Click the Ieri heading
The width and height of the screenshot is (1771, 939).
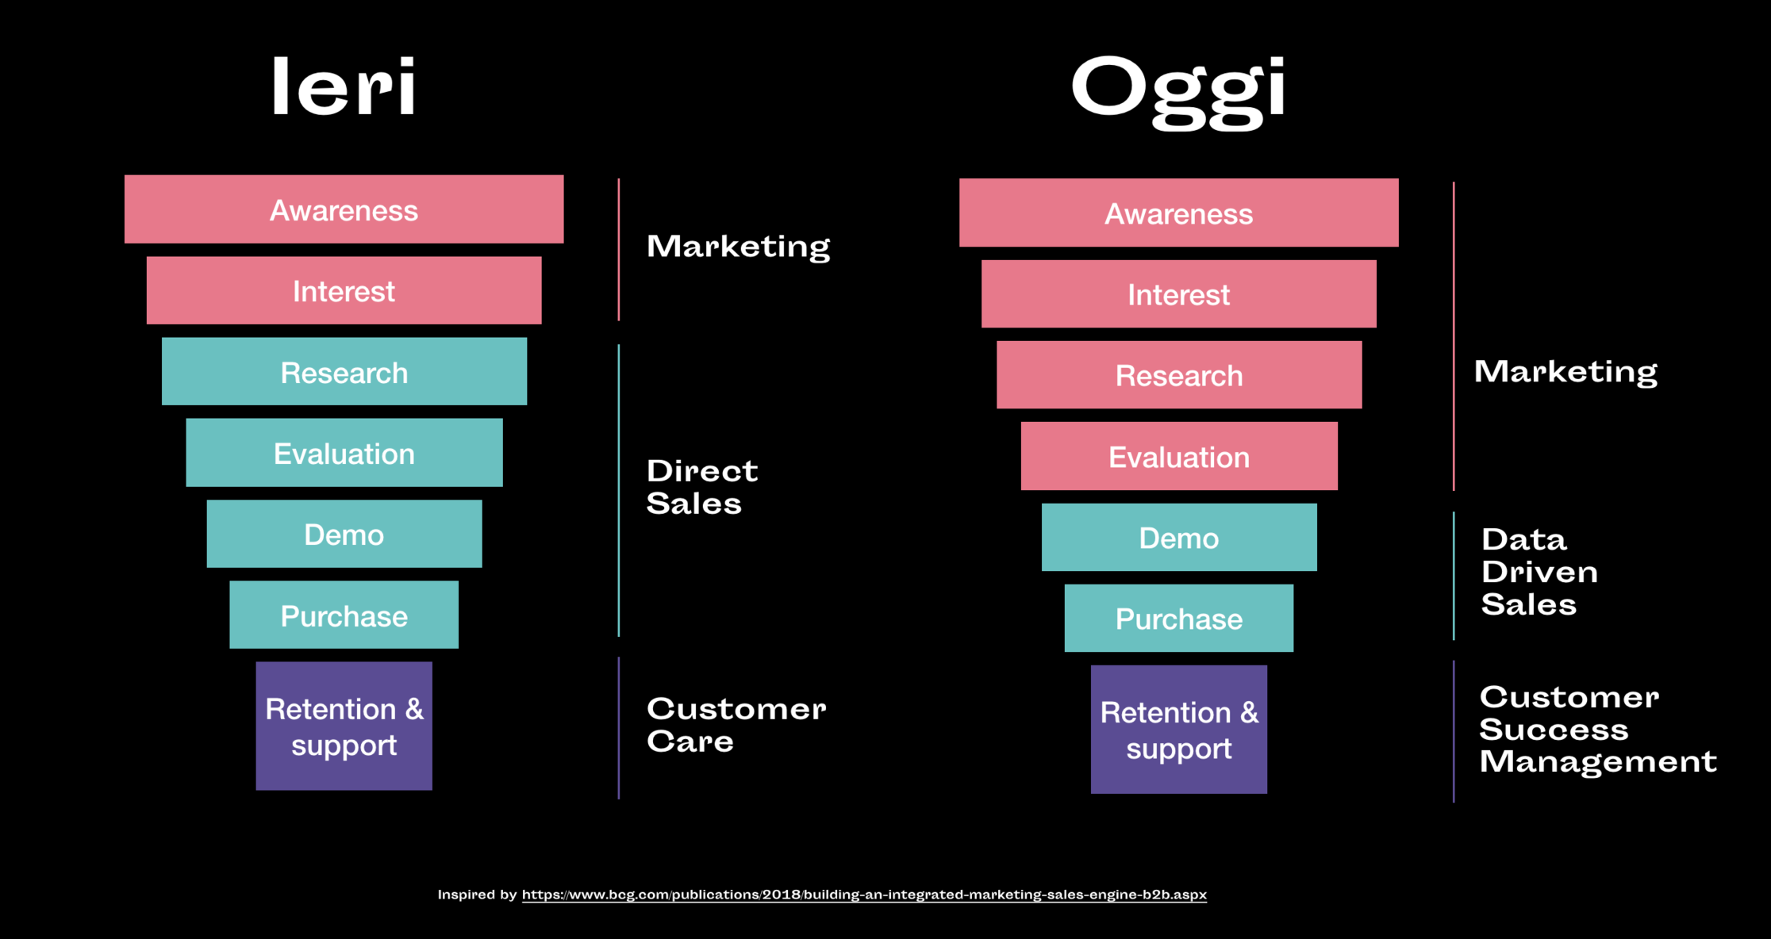click(344, 86)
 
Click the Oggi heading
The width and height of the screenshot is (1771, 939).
click(1178, 90)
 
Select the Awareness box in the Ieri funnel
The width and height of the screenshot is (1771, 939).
click(344, 209)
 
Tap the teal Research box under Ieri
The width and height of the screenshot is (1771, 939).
click(344, 371)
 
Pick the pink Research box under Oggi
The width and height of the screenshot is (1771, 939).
click(1179, 375)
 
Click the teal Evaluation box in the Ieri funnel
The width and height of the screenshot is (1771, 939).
click(344, 453)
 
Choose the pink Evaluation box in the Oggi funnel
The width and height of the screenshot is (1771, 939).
click(1179, 456)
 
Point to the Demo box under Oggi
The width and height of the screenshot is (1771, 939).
click(1179, 537)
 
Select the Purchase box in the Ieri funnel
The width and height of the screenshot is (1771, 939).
click(344, 615)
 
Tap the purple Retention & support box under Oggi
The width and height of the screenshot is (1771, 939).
click(1179, 730)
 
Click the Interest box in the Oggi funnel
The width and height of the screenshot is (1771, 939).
click(1179, 294)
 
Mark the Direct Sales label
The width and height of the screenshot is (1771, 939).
click(702, 487)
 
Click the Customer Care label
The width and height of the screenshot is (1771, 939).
click(736, 725)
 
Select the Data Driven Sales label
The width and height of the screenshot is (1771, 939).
click(1539, 572)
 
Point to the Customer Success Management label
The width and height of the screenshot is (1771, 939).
click(1598, 730)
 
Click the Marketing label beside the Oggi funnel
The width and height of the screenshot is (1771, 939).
click(1565, 371)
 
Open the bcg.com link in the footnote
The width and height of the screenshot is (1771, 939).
click(864, 895)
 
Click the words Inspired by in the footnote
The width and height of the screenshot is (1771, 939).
click(477, 895)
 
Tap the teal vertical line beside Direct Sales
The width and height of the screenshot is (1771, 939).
click(619, 490)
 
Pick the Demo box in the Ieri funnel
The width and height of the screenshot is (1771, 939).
click(344, 534)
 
